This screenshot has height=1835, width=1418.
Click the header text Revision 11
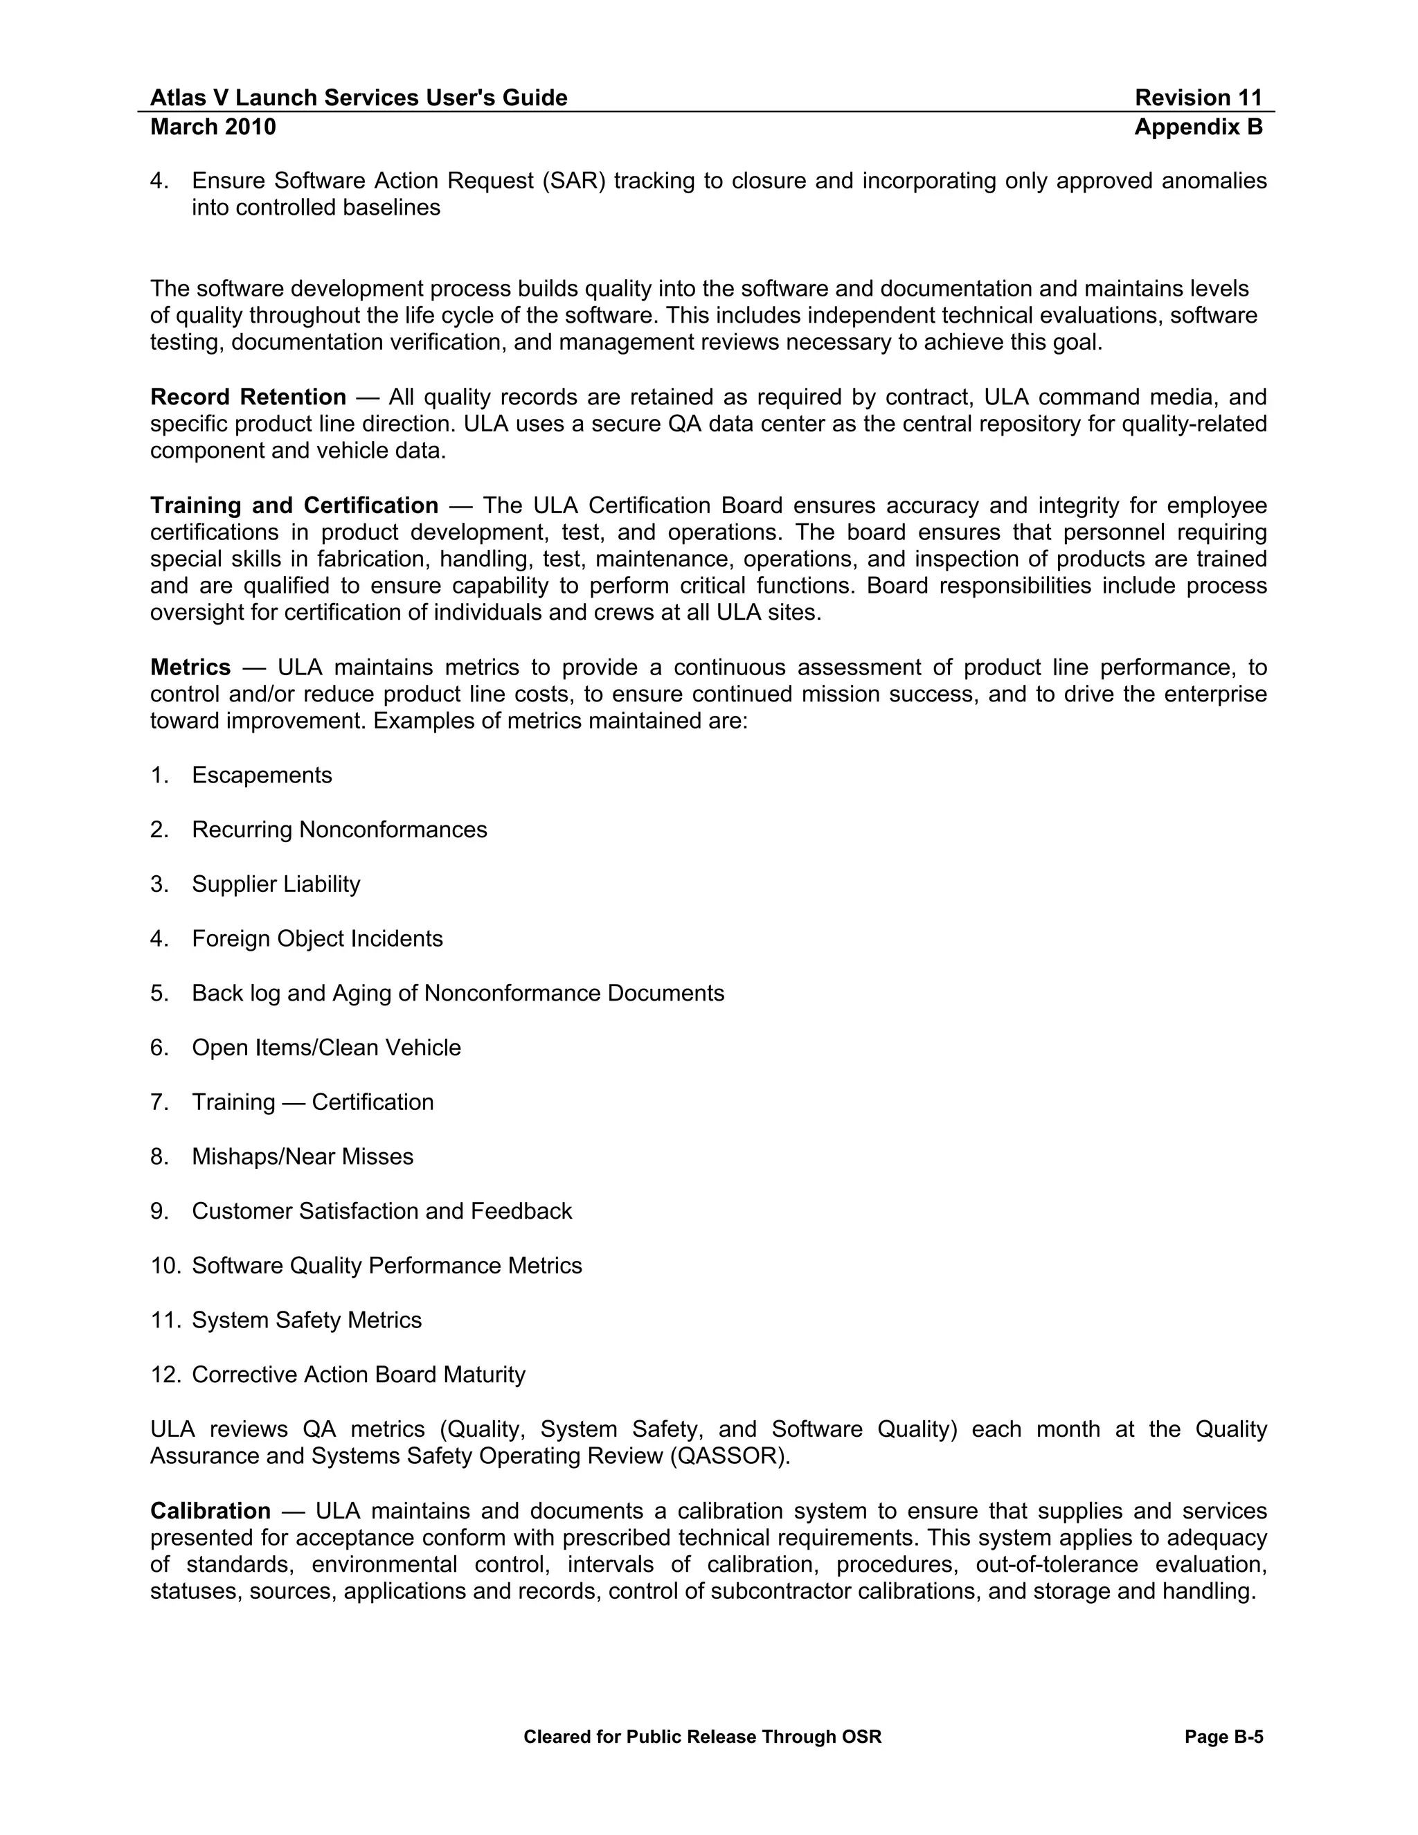(x=1198, y=98)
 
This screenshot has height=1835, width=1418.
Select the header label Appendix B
(x=1198, y=127)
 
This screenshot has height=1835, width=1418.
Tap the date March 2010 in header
(x=213, y=127)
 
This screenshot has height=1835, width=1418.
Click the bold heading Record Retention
(x=248, y=397)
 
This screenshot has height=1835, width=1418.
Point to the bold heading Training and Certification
(x=294, y=505)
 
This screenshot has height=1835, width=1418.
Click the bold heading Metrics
(x=190, y=667)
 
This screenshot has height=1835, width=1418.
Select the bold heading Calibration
(x=210, y=1511)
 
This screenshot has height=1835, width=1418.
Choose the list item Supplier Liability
(x=276, y=884)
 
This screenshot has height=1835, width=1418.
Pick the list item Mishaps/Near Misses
(x=303, y=1156)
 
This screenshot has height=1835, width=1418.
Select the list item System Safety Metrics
(x=307, y=1320)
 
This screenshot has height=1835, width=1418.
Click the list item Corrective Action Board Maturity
(x=358, y=1375)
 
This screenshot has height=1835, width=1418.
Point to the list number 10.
(x=165, y=1265)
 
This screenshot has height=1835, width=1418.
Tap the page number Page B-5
(x=1223, y=1737)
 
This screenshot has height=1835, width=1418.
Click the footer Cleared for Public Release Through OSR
(x=702, y=1737)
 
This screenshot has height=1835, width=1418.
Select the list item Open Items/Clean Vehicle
(x=326, y=1048)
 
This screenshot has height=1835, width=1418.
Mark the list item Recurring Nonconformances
(x=339, y=830)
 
